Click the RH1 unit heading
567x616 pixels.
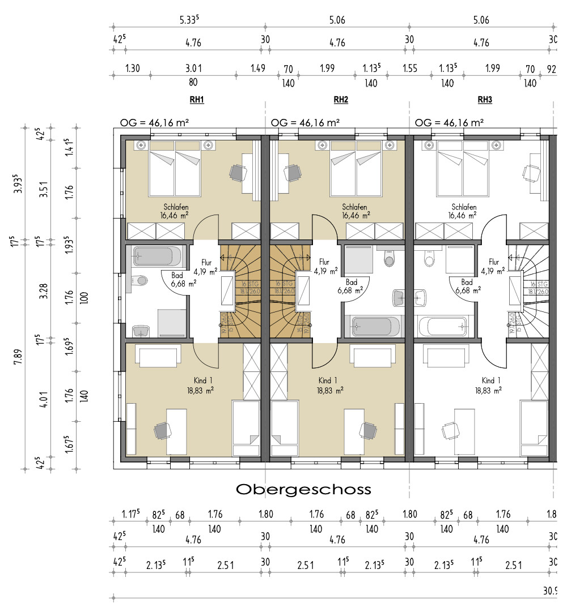click(197, 100)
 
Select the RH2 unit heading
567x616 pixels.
click(341, 100)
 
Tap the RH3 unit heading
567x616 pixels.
click(485, 100)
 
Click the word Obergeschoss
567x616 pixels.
click(303, 489)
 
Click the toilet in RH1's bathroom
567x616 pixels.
click(139, 280)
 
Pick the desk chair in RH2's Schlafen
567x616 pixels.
click(293, 172)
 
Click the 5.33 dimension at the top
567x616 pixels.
click(190, 20)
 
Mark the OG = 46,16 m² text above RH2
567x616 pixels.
click(305, 122)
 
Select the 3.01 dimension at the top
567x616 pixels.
click(193, 69)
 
